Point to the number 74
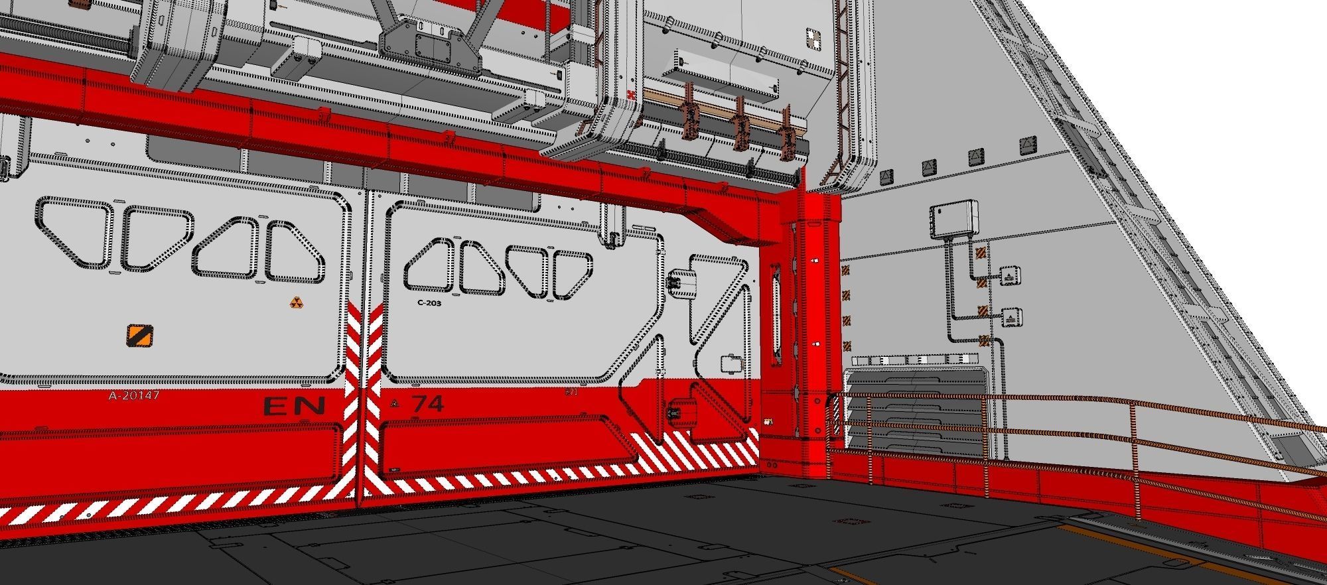(428, 404)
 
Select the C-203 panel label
(429, 303)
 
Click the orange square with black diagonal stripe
(139, 336)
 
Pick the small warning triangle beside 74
(395, 403)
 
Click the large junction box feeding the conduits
(955, 221)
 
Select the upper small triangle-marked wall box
(1009, 276)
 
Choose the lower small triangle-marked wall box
(1010, 318)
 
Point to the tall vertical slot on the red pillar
(774, 313)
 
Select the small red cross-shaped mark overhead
(630, 96)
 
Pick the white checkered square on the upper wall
(813, 36)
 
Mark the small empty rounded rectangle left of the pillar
(731, 364)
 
